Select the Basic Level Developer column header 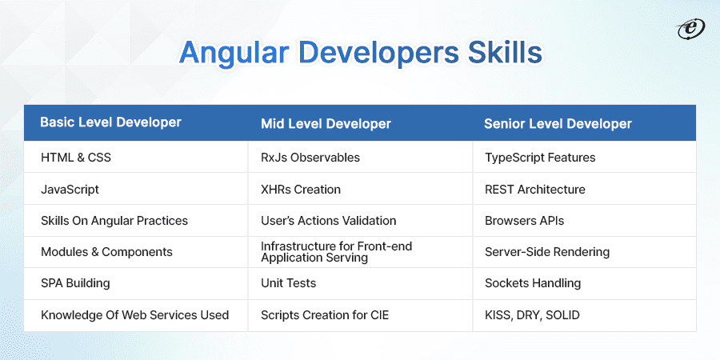pyautogui.click(x=110, y=122)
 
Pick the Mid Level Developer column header pyautogui.click(x=326, y=123)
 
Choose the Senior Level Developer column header pyautogui.click(x=558, y=123)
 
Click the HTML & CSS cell pyautogui.click(x=76, y=158)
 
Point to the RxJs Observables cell pyautogui.click(x=310, y=158)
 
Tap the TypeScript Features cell pyautogui.click(x=540, y=158)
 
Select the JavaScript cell pyautogui.click(x=70, y=190)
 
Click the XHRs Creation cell pyautogui.click(x=301, y=190)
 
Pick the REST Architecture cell pyautogui.click(x=534, y=190)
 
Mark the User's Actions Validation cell pyautogui.click(x=328, y=220)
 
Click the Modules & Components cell pyautogui.click(x=106, y=252)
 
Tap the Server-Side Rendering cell pyautogui.click(x=547, y=252)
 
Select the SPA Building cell pyautogui.click(x=75, y=283)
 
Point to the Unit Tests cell pyautogui.click(x=288, y=283)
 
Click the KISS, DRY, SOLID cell pyautogui.click(x=532, y=315)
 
